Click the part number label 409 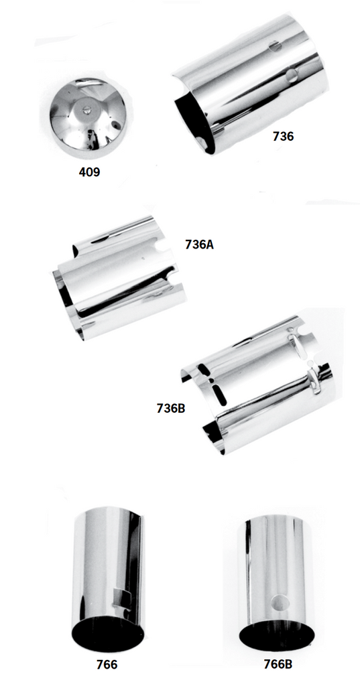click(89, 172)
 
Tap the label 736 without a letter click(284, 137)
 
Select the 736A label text click(199, 245)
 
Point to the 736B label click(171, 409)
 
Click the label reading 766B click(278, 664)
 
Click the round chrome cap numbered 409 click(88, 118)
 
